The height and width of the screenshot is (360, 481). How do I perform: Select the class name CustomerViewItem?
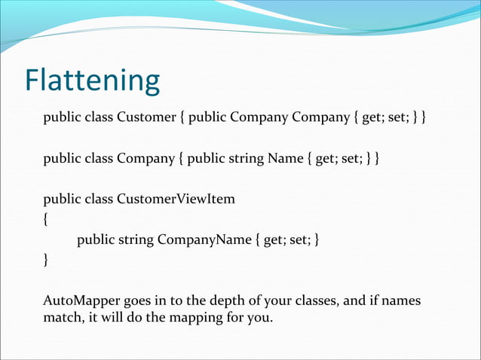pyautogui.click(x=176, y=199)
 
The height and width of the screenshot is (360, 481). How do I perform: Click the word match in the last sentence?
pyautogui.click(x=60, y=319)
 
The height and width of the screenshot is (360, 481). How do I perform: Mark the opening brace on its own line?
pyautogui.click(x=46, y=220)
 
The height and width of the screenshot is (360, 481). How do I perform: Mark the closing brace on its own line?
pyautogui.click(x=46, y=261)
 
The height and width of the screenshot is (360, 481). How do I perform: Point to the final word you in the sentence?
pyautogui.click(x=262, y=319)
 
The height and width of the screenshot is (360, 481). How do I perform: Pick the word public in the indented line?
pyautogui.click(x=96, y=239)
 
